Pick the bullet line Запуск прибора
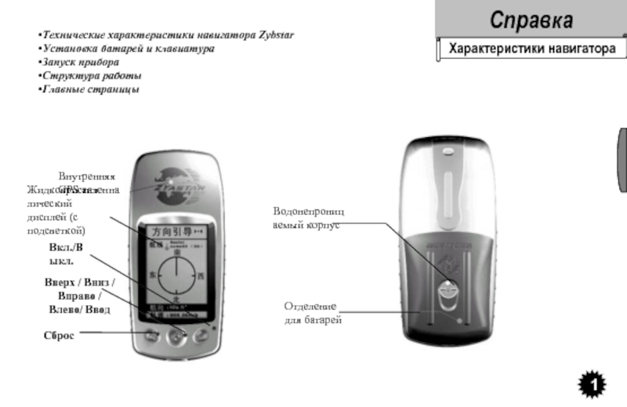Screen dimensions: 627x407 (81, 61)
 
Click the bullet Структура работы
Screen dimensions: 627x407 (92, 76)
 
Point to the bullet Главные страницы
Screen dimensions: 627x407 (90, 89)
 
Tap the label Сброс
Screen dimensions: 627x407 (59, 335)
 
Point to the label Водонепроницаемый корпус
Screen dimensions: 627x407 (308, 218)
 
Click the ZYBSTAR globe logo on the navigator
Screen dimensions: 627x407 (172, 186)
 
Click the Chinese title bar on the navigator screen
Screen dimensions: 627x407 (175, 232)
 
